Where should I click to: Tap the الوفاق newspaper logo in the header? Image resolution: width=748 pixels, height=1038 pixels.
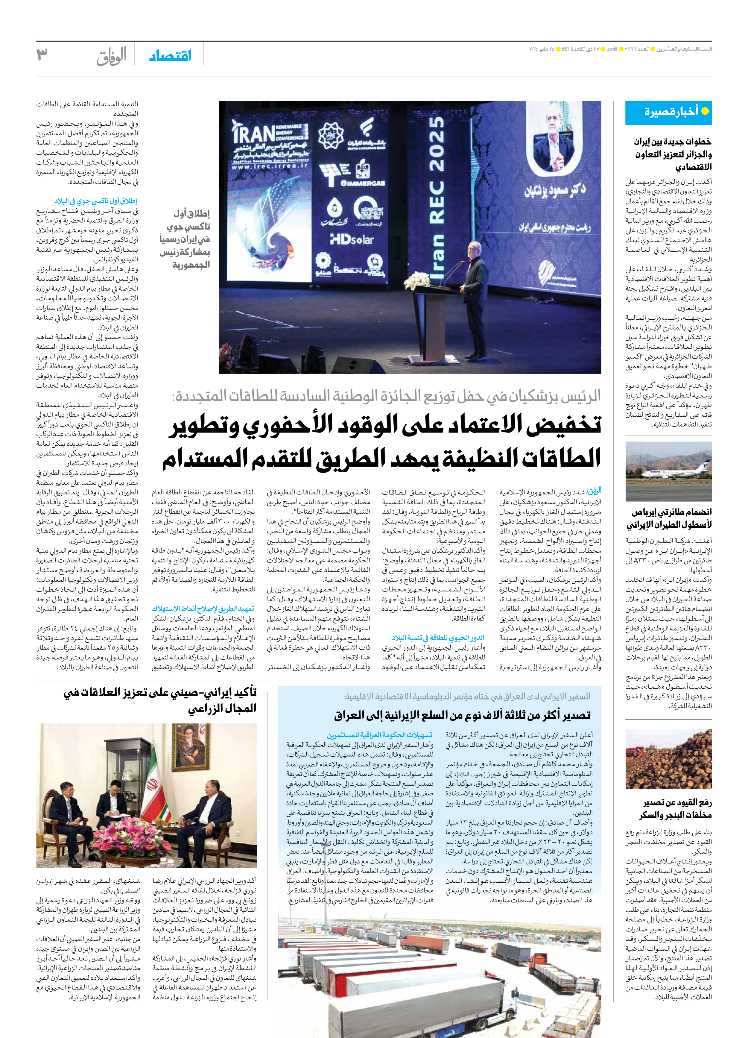point(111,57)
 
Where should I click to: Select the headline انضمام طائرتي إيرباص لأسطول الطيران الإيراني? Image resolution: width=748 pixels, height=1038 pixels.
point(668,518)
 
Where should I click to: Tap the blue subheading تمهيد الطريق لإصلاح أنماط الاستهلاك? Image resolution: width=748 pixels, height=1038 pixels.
point(203,609)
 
